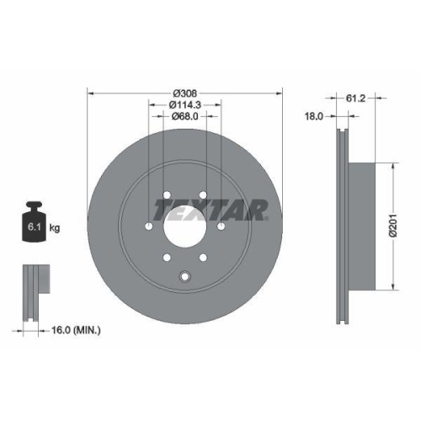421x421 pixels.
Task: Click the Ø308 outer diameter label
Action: (x=184, y=92)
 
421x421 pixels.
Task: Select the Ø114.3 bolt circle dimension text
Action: (x=184, y=104)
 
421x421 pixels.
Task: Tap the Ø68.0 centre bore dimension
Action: (x=184, y=116)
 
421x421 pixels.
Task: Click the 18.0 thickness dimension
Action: (x=313, y=117)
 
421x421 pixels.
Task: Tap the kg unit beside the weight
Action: (x=55, y=227)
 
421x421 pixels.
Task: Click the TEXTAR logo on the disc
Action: (x=210, y=208)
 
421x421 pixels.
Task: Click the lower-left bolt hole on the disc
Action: (x=167, y=257)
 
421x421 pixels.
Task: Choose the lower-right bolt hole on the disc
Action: (x=203, y=257)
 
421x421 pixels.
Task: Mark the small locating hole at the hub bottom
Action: (x=185, y=274)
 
